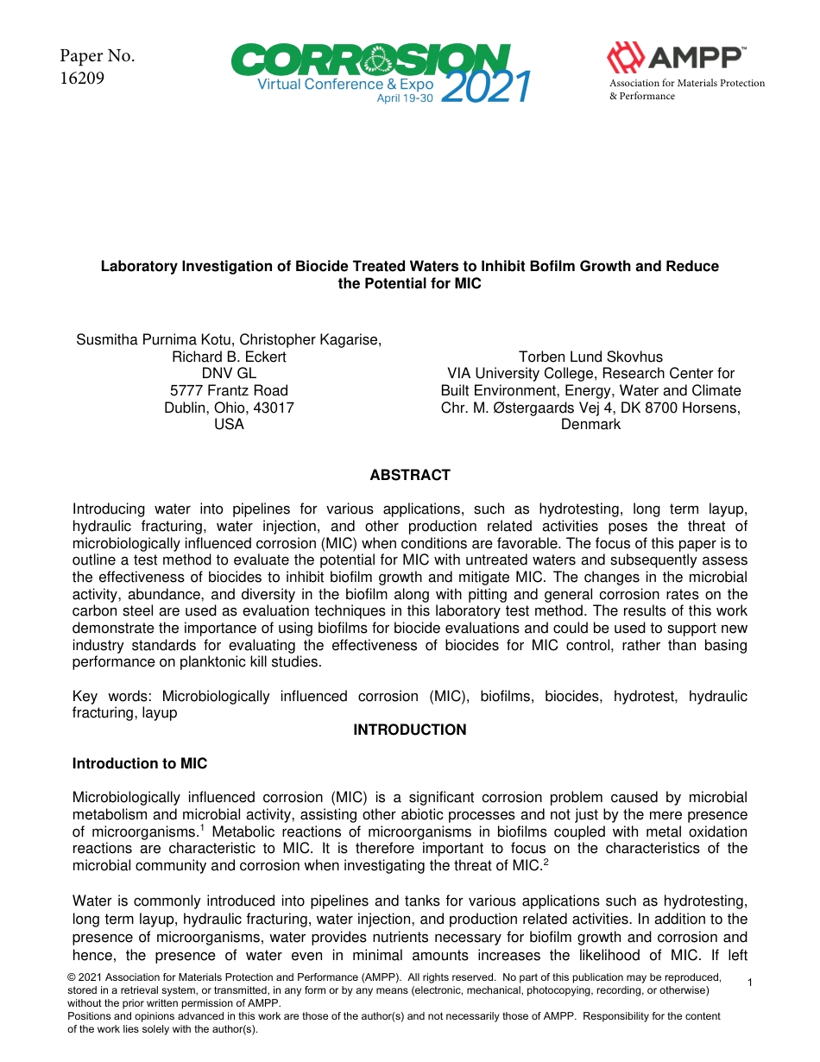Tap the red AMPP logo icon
coord(625,58)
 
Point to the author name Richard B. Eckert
coord(229,357)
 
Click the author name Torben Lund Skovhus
coord(590,357)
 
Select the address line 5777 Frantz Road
coord(229,390)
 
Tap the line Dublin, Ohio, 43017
coord(229,408)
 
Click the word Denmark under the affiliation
coord(590,424)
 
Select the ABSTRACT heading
coord(410,475)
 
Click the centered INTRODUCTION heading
coord(410,730)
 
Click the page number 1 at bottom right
coord(750,983)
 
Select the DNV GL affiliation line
coord(229,373)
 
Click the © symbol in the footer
coord(72,977)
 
